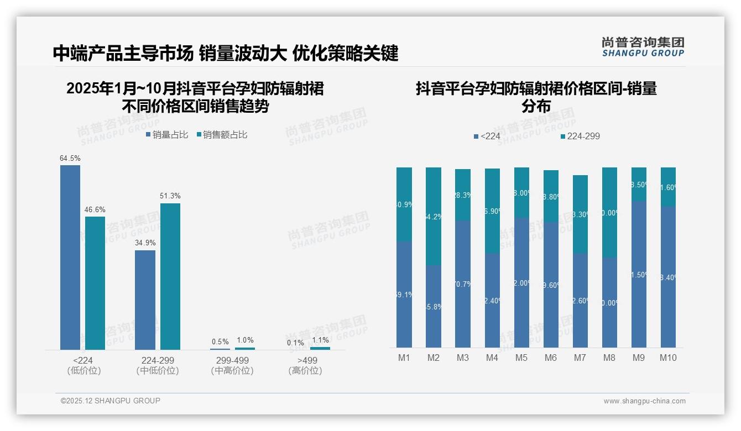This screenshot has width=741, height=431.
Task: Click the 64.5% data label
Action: [x=70, y=158]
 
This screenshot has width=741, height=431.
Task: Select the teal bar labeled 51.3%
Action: [x=170, y=276]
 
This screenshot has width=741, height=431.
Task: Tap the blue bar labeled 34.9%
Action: [x=145, y=299]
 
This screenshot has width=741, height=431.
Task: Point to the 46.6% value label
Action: [x=95, y=209]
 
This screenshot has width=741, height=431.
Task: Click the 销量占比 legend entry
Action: [x=167, y=134]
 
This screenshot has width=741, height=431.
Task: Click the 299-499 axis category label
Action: [x=232, y=360]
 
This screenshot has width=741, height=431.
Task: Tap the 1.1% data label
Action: [x=320, y=340]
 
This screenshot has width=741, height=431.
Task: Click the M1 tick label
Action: [x=404, y=358]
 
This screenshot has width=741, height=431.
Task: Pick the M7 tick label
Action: [x=580, y=358]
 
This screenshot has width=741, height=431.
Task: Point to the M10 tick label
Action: [x=668, y=358]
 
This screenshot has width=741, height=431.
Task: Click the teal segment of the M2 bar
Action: [x=434, y=215]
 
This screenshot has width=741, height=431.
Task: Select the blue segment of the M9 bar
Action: [x=639, y=274]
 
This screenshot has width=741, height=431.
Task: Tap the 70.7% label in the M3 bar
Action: [x=463, y=284]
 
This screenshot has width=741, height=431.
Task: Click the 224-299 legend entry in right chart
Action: [x=580, y=136]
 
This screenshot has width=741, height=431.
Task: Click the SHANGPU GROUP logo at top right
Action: [x=643, y=47]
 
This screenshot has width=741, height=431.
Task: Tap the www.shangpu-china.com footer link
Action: [x=644, y=401]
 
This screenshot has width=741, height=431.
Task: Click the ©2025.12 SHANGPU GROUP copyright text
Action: [x=111, y=401]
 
